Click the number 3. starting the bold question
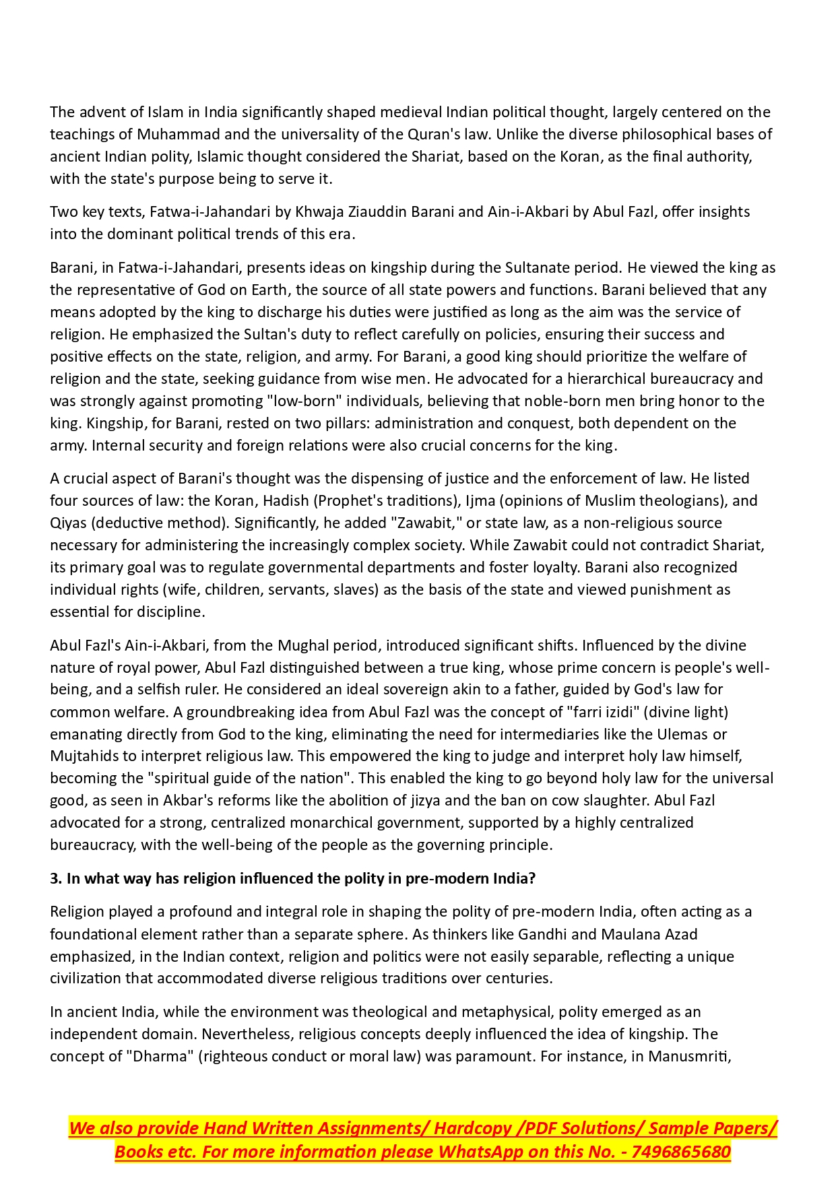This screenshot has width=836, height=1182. [56, 878]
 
